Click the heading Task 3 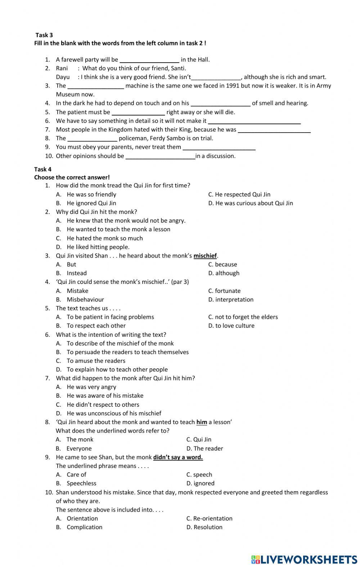(44, 35)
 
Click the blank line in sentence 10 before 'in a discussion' (160, 157)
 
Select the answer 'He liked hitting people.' (98, 247)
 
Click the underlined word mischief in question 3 (205, 256)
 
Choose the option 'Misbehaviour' (85, 299)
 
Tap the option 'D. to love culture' (231, 326)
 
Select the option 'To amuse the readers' (96, 361)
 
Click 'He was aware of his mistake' (105, 396)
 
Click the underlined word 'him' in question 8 (202, 422)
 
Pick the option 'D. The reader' (204, 448)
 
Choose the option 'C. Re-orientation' (209, 518)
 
